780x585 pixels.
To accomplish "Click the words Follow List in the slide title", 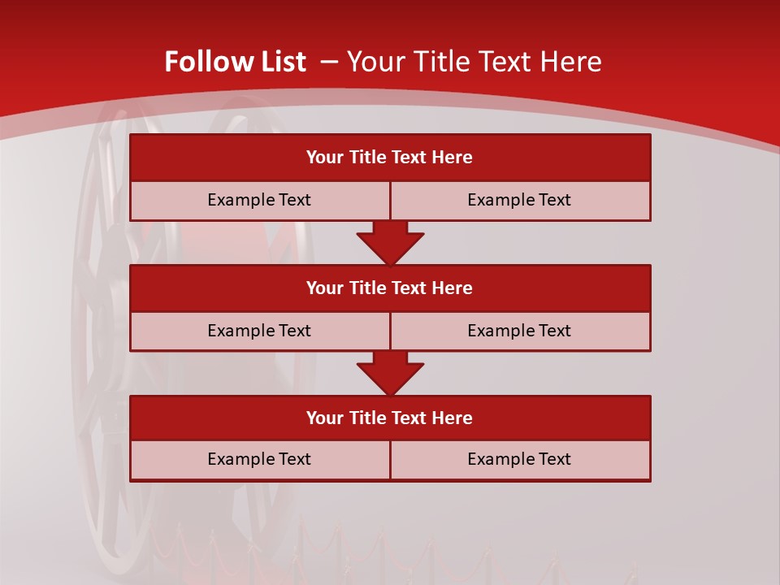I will click(235, 62).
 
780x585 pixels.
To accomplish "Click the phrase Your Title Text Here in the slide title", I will click(474, 62).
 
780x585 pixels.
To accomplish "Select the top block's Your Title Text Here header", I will click(389, 158).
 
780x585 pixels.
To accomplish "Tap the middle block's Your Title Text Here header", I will click(389, 288).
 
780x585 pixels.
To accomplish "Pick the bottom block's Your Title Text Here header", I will click(389, 418).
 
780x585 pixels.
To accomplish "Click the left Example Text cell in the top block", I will click(259, 200).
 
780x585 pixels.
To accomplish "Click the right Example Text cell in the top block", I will click(519, 200).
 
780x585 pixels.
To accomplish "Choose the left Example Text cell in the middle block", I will click(259, 331).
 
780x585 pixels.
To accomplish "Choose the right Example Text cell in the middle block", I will click(519, 331).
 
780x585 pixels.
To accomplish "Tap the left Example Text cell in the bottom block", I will click(259, 459).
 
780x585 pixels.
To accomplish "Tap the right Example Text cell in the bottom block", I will click(519, 459).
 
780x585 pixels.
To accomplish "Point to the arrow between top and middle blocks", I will click(390, 243).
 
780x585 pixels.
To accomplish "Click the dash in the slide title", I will click(329, 62).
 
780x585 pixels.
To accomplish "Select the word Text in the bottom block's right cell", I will click(553, 459).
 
